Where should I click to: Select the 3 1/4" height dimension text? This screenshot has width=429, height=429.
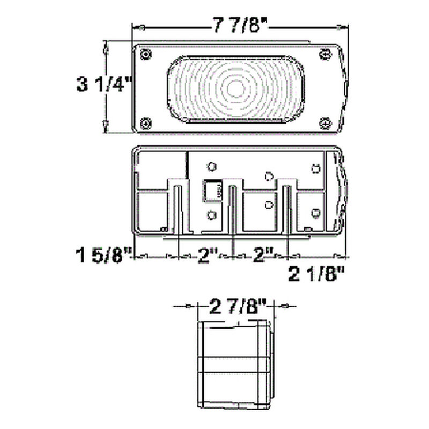click(103, 85)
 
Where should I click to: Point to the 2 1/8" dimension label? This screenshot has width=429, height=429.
click(316, 275)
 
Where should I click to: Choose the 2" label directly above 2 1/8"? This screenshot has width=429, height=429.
click(262, 255)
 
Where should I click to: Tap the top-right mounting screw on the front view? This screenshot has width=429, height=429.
click(324, 54)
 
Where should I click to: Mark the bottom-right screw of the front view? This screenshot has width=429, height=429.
click(324, 123)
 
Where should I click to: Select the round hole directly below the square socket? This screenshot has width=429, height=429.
click(212, 215)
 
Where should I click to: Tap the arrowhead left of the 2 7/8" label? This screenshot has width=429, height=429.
click(188, 306)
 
